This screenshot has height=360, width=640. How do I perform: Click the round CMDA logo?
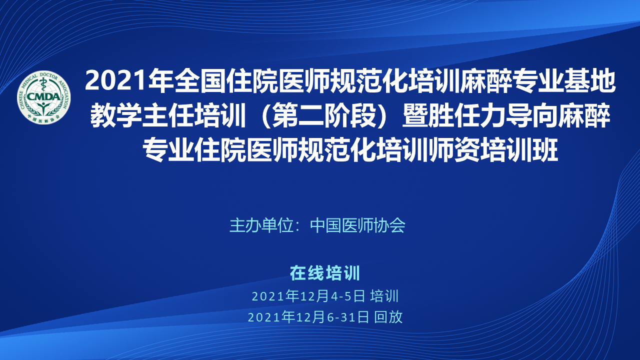point(43,97)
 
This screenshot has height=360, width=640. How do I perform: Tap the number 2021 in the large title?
point(116,81)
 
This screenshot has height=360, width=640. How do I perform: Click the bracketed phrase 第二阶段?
point(324,116)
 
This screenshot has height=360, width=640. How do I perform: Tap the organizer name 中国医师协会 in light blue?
point(357,225)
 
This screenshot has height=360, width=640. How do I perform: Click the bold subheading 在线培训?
point(325,273)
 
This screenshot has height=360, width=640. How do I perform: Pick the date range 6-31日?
point(348,317)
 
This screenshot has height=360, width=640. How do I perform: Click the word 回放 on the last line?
point(388,317)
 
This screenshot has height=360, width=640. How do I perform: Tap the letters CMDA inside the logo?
point(43,97)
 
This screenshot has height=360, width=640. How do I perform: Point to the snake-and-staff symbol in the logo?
point(43,85)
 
